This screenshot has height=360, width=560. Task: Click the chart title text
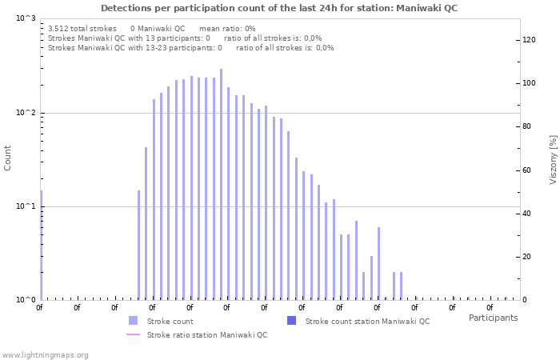point(279,8)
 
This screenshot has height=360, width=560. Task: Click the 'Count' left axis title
point(8,158)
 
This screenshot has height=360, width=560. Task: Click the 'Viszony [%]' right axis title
point(552,159)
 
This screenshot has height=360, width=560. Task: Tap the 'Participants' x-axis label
point(493,318)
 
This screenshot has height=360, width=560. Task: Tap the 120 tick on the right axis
point(529,40)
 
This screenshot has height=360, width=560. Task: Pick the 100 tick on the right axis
point(529,83)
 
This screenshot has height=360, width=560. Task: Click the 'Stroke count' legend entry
point(170,321)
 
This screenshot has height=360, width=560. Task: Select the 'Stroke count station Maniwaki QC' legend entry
point(367,321)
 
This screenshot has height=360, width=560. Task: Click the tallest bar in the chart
point(222,184)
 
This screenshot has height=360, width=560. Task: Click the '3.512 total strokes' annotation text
point(82,28)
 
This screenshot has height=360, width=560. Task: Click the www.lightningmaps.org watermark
point(45,354)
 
